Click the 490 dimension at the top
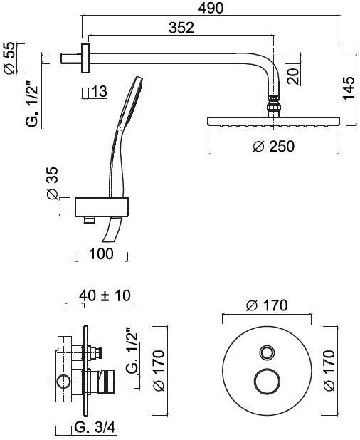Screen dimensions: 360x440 click(x=211, y=8)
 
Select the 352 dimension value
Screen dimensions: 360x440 click(x=181, y=28)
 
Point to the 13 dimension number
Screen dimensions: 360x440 click(x=100, y=91)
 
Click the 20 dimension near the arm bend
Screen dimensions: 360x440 click(x=293, y=77)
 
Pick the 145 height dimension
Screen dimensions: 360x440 click(x=349, y=88)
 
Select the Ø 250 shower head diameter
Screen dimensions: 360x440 click(x=274, y=146)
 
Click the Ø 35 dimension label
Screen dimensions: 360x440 click(x=53, y=183)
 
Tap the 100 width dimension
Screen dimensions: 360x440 click(x=101, y=253)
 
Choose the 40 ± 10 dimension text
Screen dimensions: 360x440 click(x=105, y=295)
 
